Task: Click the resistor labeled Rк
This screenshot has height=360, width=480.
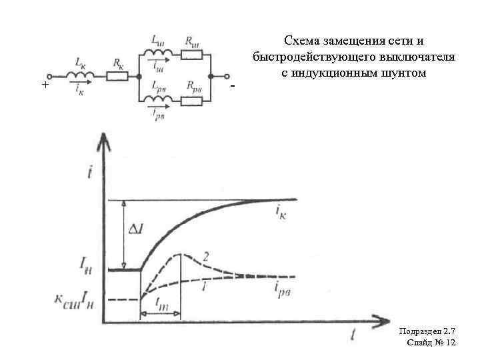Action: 117,76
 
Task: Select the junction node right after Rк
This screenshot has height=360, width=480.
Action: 137,76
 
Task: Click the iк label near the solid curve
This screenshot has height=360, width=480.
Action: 281,211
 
